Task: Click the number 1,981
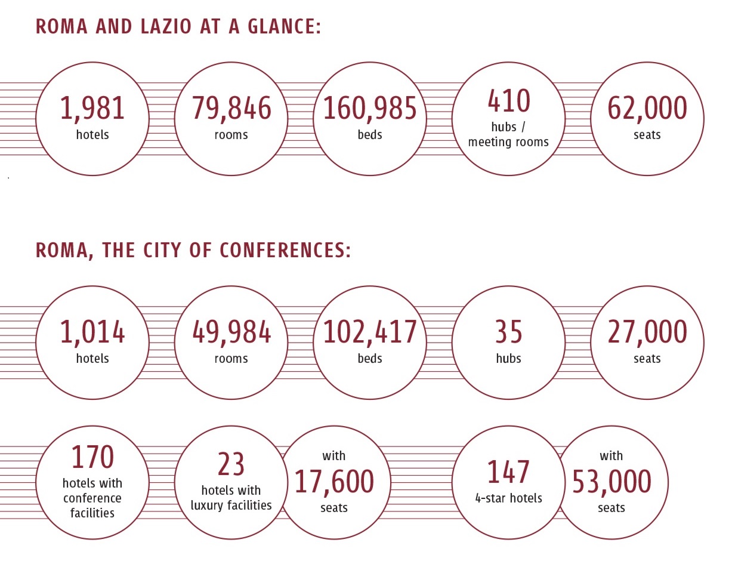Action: point(92,109)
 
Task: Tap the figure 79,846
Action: point(231,109)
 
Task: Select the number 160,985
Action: point(370,109)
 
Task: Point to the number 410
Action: point(508,101)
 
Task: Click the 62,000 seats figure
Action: point(647,109)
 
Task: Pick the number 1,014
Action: point(92,332)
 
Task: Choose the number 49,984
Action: point(231,332)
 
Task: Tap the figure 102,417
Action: point(370,332)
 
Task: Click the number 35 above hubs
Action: point(508,332)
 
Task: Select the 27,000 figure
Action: point(647,332)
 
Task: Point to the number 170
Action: point(92,458)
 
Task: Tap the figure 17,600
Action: point(334,482)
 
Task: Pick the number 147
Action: point(508,472)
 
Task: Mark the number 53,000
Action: point(612,482)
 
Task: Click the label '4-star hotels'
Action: point(508,498)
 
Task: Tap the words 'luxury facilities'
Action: point(231,505)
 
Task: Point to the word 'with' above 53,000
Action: point(612,456)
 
